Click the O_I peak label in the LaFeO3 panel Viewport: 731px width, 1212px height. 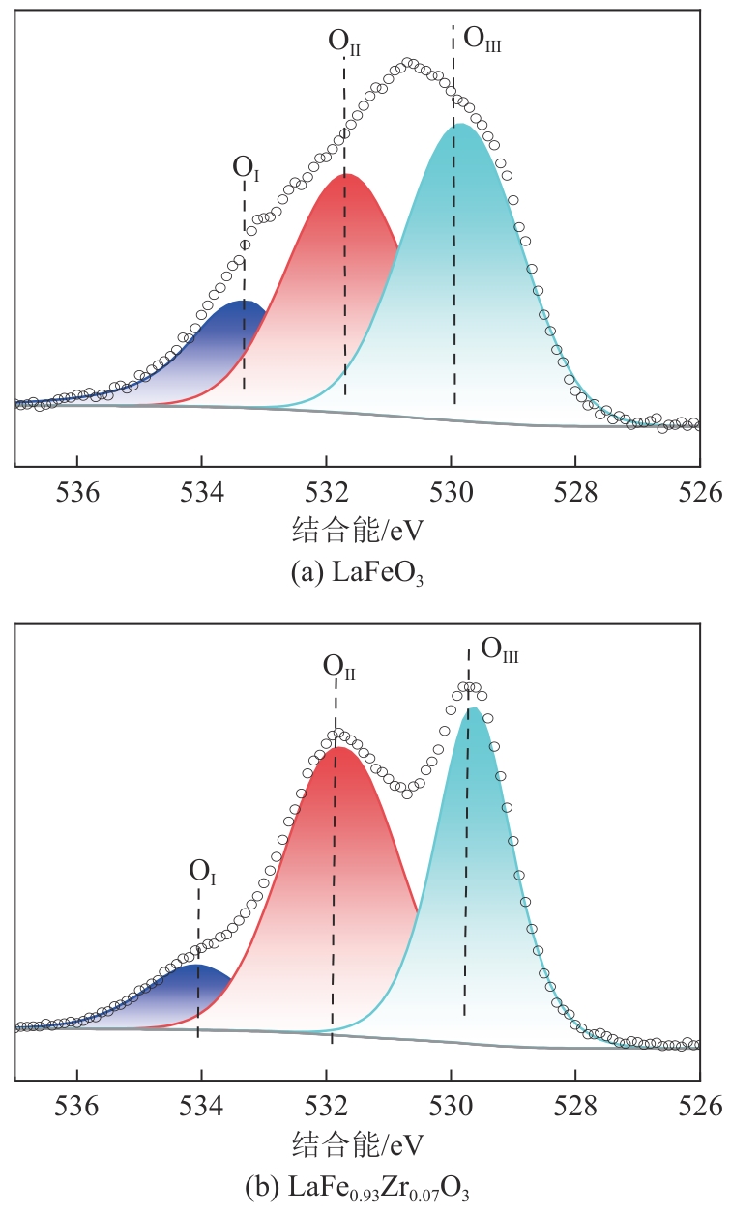coord(246,167)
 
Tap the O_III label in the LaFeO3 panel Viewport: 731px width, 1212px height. coord(482,40)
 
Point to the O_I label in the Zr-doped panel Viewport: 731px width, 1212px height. coord(202,871)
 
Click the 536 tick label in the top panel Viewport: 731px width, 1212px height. coord(77,492)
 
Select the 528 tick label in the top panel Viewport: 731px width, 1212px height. coord(575,492)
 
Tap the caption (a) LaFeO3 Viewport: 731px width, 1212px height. coord(358,572)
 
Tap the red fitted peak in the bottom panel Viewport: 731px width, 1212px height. coord(338,870)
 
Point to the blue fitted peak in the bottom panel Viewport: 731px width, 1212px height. coord(184,996)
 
